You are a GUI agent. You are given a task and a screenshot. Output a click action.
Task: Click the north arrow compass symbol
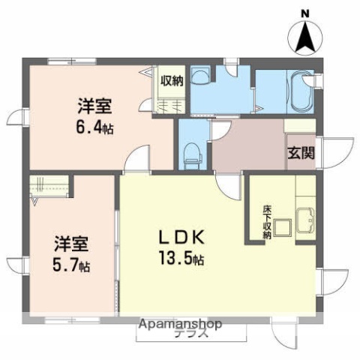coord(304,36)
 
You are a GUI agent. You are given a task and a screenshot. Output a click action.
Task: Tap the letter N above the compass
coord(304,12)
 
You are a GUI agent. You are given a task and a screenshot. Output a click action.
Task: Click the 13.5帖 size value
coord(179,260)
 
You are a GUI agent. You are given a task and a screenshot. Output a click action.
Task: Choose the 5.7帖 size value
coord(71,266)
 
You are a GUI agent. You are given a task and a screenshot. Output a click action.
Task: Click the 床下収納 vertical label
coord(265,222)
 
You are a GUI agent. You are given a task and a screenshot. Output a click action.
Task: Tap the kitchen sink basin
coord(306,222)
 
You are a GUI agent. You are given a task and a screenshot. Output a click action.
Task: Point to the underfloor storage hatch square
coord(283,226)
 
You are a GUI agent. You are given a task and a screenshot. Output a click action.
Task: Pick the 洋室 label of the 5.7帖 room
coord(70,244)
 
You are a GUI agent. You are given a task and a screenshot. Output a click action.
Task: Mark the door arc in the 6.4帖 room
coord(135,160)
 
